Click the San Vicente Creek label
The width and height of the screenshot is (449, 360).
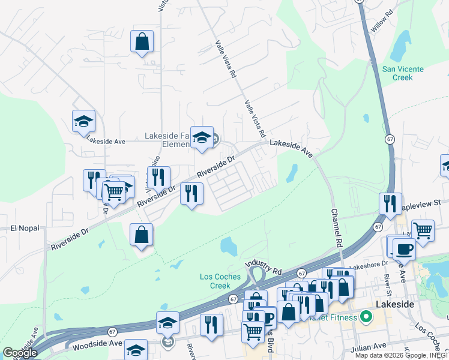(x=403, y=73)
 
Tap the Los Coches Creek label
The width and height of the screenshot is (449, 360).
(x=220, y=281)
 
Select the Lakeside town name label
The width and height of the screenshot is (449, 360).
(x=394, y=305)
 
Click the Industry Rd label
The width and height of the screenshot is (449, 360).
(x=262, y=265)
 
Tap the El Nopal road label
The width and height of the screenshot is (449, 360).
(x=25, y=229)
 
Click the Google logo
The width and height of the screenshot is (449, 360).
(x=20, y=353)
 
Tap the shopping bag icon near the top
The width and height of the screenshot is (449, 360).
(x=142, y=41)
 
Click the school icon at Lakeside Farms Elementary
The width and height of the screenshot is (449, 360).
(x=202, y=137)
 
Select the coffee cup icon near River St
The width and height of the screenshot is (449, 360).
(x=404, y=248)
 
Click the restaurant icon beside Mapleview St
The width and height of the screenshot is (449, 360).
(x=390, y=204)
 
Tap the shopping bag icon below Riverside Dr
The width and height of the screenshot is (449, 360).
(x=141, y=235)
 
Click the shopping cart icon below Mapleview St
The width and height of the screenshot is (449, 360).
(x=423, y=230)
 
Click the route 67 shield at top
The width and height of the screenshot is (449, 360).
(x=360, y=2)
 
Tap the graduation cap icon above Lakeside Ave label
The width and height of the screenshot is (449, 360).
(x=83, y=121)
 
